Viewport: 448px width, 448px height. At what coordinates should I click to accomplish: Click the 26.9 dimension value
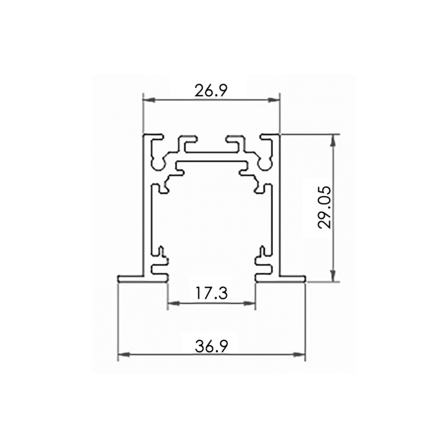point(211,91)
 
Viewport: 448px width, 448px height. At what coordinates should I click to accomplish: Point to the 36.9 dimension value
point(212,346)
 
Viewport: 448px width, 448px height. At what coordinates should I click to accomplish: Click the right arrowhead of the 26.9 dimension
point(273,100)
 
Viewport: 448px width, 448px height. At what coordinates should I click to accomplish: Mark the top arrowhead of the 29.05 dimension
point(332,141)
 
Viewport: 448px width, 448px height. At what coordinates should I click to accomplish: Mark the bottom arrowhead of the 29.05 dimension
point(332,275)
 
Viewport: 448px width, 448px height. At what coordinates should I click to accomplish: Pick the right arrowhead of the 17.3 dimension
point(248,304)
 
